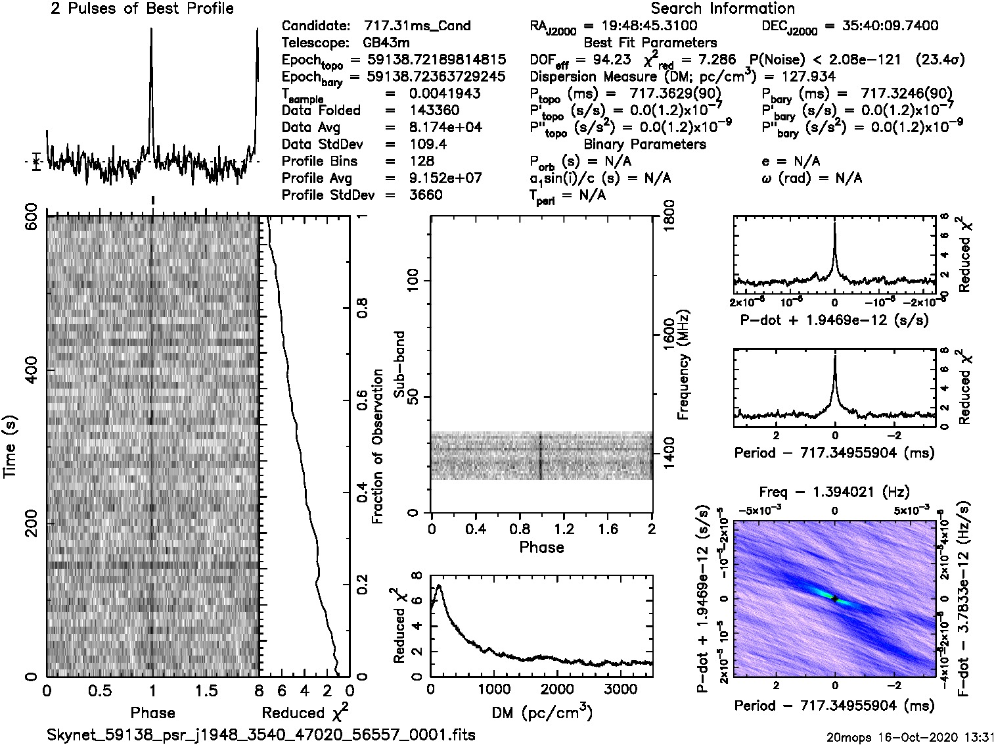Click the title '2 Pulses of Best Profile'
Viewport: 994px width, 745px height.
(x=142, y=9)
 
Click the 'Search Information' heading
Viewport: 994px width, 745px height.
(x=723, y=9)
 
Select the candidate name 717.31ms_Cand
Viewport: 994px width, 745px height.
(x=417, y=26)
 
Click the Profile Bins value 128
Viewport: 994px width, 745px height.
(x=421, y=161)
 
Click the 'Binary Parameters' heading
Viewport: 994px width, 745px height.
(x=644, y=144)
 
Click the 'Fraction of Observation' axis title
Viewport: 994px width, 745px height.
(x=377, y=446)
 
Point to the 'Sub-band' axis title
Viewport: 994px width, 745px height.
(x=399, y=364)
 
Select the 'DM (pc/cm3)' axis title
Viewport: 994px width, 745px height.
(x=541, y=713)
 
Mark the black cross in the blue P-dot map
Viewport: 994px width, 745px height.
(x=834, y=598)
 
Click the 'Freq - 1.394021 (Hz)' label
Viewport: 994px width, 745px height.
(x=834, y=492)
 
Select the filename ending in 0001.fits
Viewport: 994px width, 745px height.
(x=261, y=734)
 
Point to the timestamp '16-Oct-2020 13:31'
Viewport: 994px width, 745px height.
(x=933, y=736)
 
